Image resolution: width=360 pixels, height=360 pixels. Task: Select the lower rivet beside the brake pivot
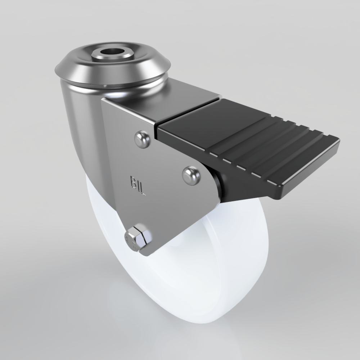point(191,175)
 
